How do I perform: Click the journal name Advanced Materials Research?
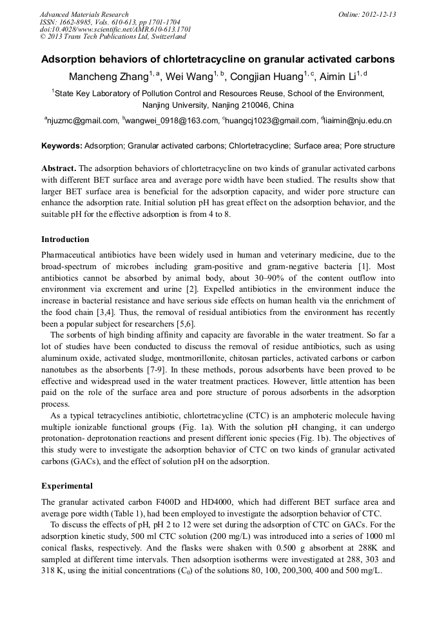coord(84,14)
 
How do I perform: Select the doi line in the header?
coord(115,29)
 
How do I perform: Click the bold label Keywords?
coord(62,147)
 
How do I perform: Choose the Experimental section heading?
coord(67,486)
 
